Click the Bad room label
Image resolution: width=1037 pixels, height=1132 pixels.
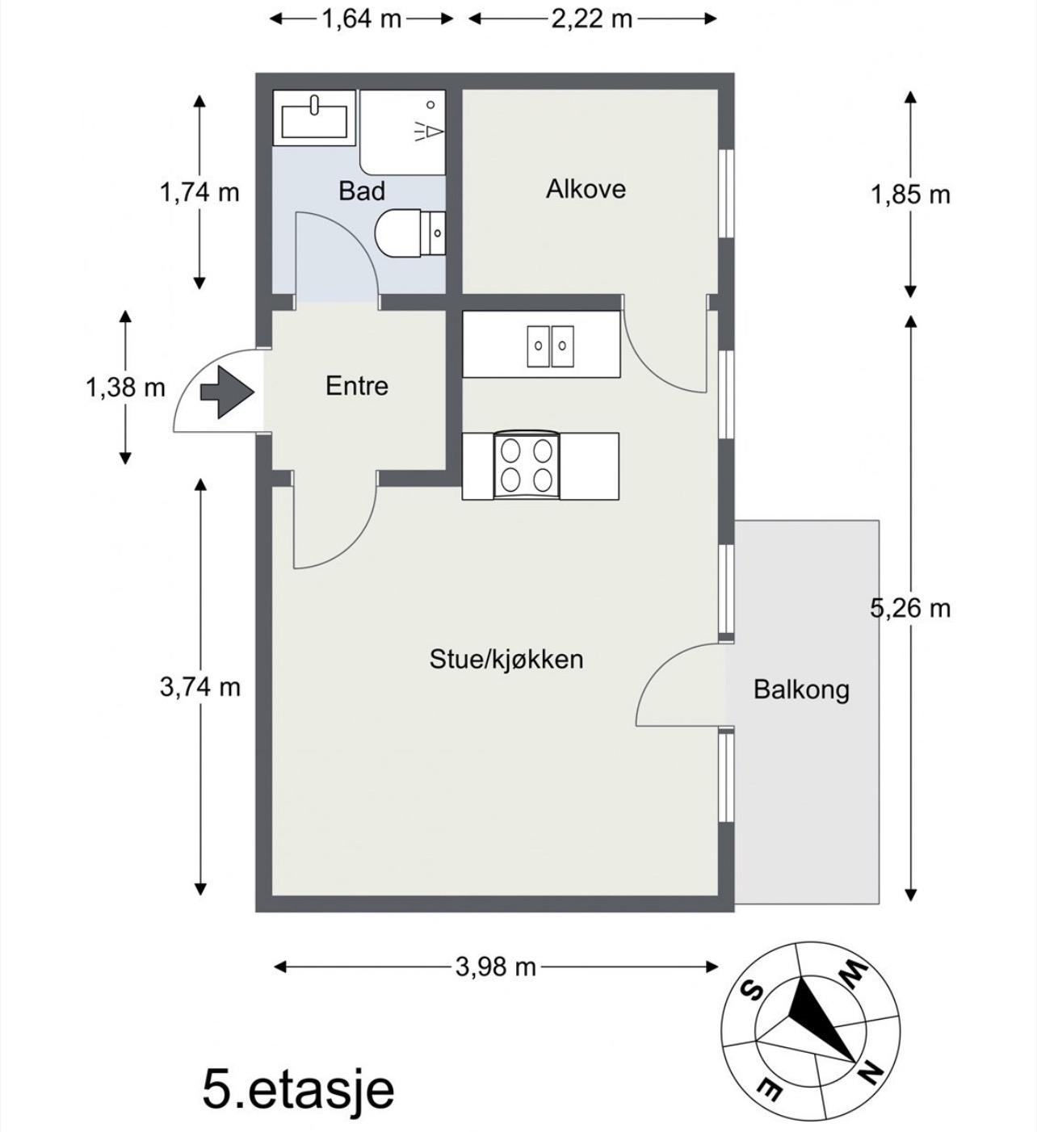(x=362, y=191)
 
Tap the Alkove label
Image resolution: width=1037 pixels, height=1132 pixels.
(x=586, y=189)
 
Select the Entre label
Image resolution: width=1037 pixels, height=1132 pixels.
(x=357, y=386)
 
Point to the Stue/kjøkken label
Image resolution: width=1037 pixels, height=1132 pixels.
(x=506, y=659)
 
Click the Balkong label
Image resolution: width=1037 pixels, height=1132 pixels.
(x=802, y=690)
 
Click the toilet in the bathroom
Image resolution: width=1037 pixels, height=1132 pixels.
(x=409, y=233)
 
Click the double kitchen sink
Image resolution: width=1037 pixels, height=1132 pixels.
(x=550, y=346)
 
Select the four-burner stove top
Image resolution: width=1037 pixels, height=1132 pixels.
(x=527, y=466)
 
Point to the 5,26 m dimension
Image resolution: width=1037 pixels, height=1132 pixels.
(x=910, y=608)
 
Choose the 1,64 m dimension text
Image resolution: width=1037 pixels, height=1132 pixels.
(x=361, y=19)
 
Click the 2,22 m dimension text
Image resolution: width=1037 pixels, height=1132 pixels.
(x=592, y=19)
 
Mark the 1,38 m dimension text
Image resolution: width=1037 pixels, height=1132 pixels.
(x=125, y=388)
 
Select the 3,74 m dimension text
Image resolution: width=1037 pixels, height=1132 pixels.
(x=200, y=687)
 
